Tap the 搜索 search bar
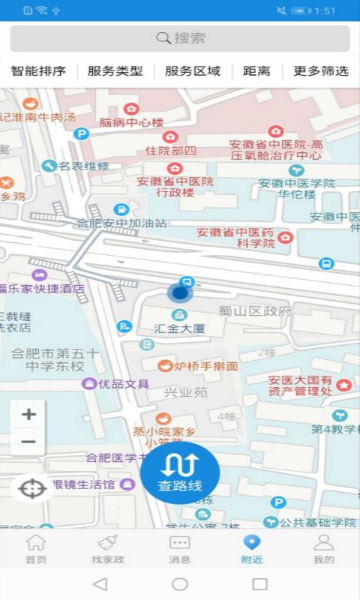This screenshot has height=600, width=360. coord(180,38)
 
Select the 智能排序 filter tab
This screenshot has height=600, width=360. coord(38,71)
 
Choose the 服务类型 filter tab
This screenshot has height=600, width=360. coord(115,71)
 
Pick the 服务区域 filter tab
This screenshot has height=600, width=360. coord(193,71)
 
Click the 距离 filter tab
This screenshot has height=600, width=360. coord(256,71)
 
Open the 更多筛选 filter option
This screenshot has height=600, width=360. coord(320,71)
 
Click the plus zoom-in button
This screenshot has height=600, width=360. coord(28,414)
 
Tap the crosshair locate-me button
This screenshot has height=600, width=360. coord(31,490)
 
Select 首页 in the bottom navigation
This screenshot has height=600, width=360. coord(36,549)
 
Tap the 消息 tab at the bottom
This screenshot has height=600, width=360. coord(180,549)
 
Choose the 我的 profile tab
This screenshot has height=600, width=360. coord(324,549)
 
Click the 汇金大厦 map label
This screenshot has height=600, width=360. coord(179,328)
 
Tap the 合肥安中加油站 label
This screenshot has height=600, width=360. coord(121,223)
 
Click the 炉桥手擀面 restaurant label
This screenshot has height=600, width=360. coord(205,366)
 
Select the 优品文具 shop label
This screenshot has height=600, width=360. coord(124,384)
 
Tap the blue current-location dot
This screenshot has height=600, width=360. coord(180,293)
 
